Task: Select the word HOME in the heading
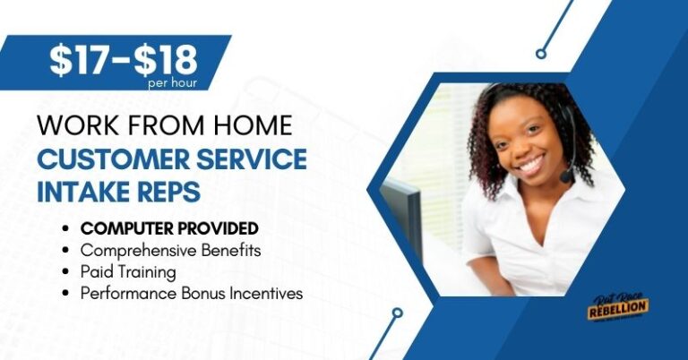254,125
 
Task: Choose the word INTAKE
84,191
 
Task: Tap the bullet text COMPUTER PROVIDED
169,228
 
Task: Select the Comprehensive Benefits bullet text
170,250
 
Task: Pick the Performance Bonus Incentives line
192,293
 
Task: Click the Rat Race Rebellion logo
619,308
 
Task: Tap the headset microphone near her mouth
566,176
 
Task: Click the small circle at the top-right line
541,54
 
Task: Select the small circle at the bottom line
397,313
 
